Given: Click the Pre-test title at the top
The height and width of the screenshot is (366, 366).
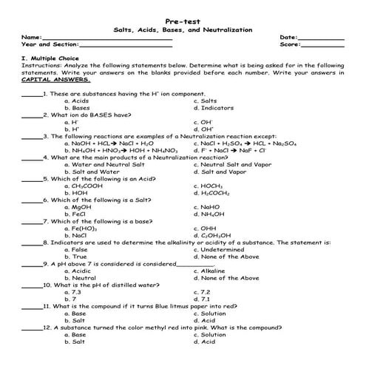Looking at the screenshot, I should tap(183, 20).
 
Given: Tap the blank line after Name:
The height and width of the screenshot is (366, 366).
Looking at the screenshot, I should tap(107, 38).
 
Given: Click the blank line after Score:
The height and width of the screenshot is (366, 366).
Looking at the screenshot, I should tap(322, 45).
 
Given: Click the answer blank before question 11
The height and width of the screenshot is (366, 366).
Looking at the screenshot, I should tap(31, 305).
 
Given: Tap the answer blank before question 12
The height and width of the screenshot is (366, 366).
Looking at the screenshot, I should tap(31, 327).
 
